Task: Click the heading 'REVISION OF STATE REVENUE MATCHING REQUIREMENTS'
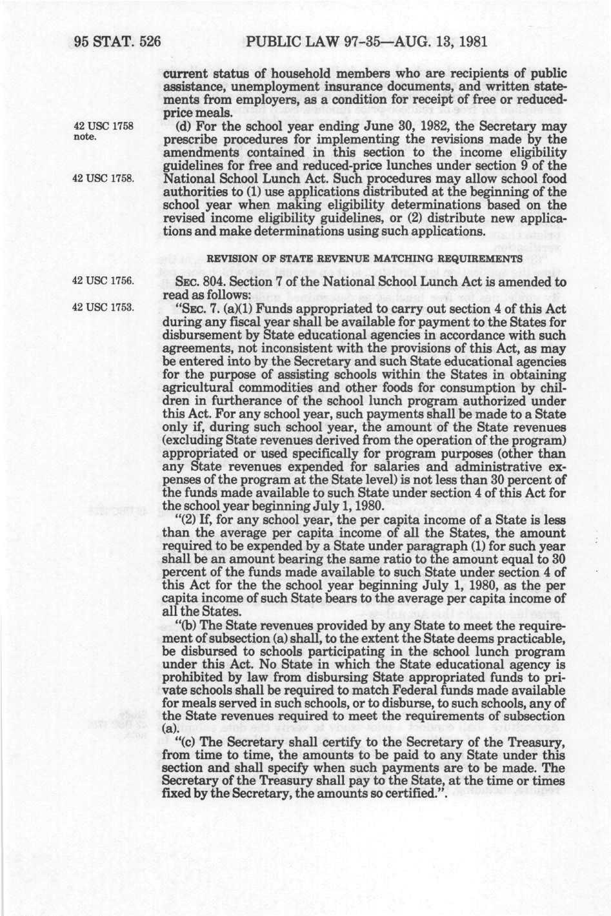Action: click(x=363, y=260)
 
